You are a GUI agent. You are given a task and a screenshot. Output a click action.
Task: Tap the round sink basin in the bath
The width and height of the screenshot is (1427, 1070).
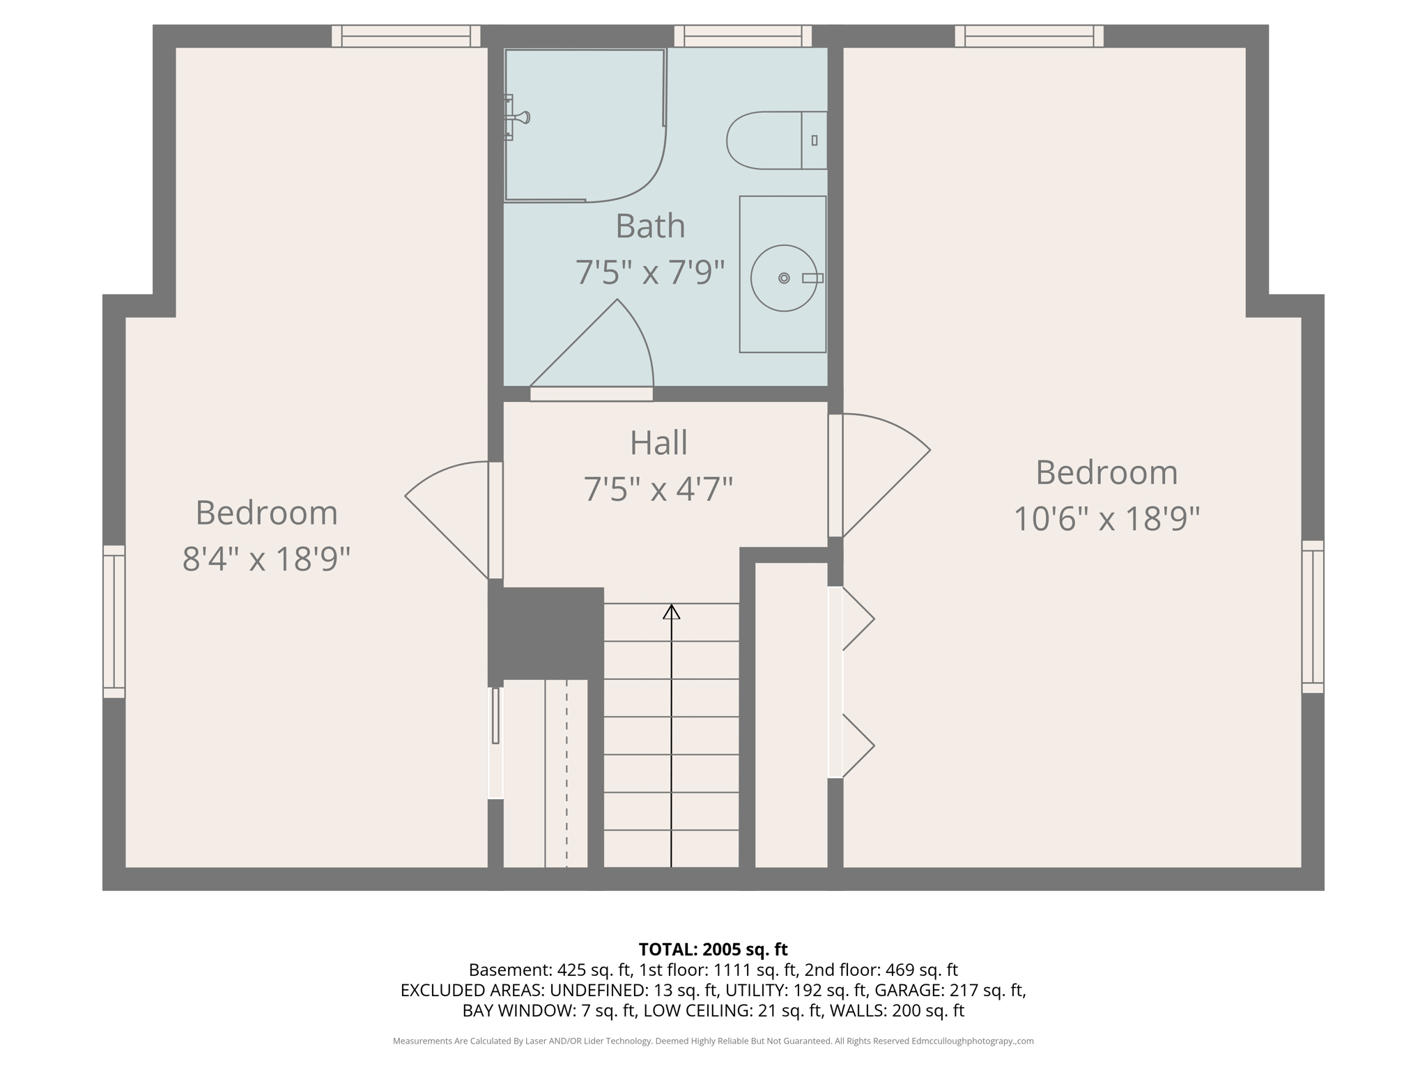pos(783,278)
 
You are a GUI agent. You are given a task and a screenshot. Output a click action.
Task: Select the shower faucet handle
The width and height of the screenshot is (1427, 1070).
pos(519,117)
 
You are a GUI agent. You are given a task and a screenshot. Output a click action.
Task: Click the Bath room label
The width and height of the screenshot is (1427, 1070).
pos(650,226)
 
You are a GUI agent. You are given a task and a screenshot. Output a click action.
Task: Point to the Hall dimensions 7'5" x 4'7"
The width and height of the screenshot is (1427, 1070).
pos(658,489)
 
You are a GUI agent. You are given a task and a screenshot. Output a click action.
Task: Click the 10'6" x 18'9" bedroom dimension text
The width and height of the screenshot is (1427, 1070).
pos(1106,519)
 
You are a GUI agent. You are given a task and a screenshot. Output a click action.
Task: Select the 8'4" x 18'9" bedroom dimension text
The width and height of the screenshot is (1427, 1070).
pos(266,559)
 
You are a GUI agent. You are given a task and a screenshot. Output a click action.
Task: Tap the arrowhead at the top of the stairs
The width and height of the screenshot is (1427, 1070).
pos(671,612)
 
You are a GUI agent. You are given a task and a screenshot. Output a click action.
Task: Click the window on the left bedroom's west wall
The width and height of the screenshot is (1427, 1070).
pos(114,621)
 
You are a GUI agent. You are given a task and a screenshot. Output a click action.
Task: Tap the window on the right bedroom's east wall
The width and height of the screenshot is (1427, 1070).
pos(1313,617)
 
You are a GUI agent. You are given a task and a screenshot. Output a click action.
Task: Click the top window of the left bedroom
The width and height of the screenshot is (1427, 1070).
pos(406,36)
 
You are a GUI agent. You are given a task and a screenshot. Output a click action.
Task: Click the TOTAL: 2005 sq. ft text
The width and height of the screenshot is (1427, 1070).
pos(713,949)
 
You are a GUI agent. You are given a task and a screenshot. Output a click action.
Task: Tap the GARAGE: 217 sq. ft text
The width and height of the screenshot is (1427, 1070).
pos(950,990)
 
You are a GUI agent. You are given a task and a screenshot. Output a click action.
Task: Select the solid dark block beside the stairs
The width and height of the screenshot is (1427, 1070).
pos(546,633)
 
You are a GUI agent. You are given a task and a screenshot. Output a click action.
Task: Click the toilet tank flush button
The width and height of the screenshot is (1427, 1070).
pos(814,140)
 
